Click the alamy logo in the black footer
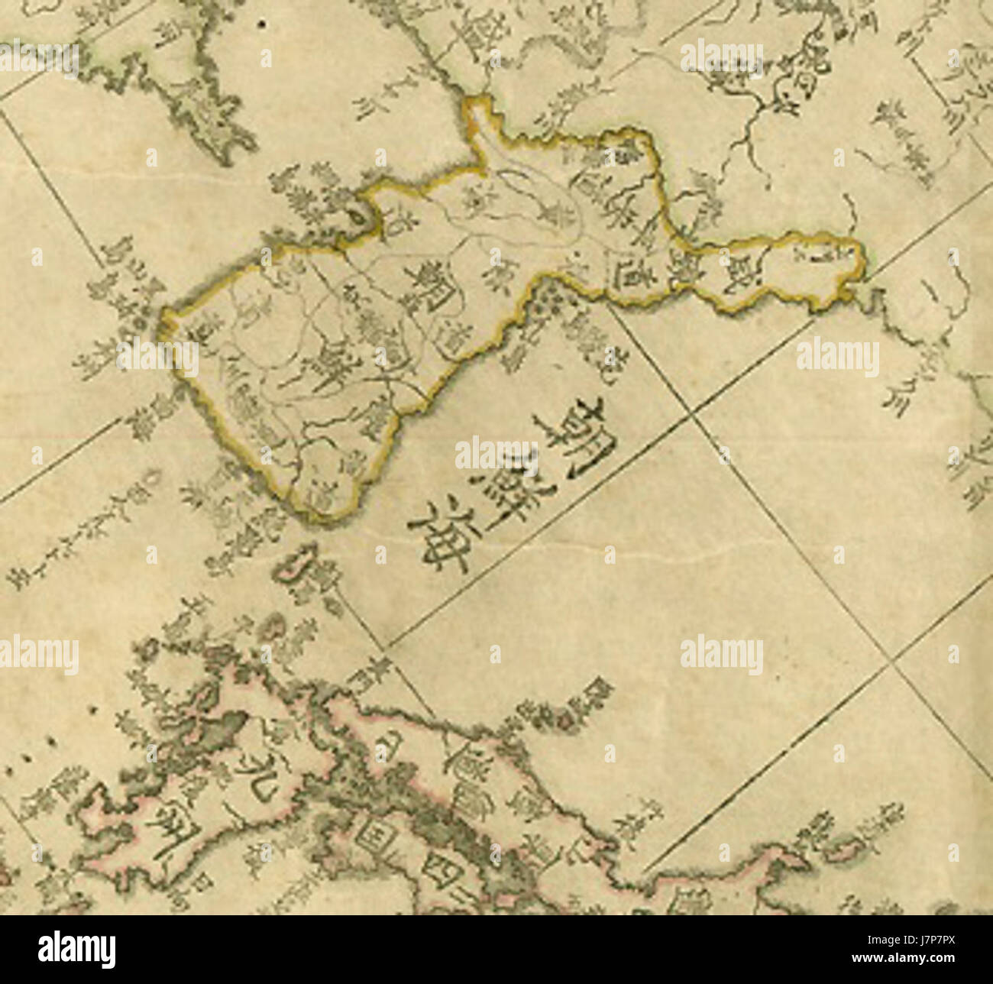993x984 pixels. click(x=76, y=949)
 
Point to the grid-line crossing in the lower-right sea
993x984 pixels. click(x=888, y=665)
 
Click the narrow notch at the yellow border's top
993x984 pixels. click(x=479, y=115)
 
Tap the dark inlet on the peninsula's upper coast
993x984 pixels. click(x=355, y=219)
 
